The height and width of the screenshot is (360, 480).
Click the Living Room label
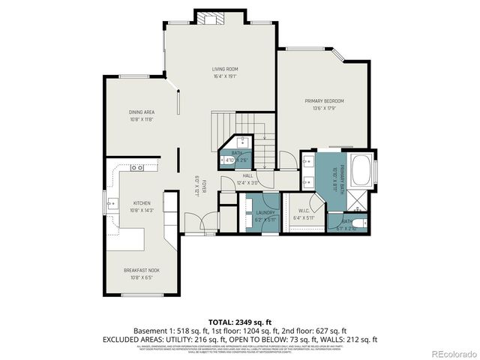pyautogui.click(x=225, y=68)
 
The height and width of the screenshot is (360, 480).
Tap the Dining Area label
pyautogui.click(x=141, y=112)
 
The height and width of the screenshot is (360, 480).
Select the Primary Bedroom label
pyautogui.click(x=324, y=100)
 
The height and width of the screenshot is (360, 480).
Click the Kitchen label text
pyautogui.click(x=142, y=203)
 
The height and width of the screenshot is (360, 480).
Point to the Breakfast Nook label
pyautogui.click(x=141, y=270)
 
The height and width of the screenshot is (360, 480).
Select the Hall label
pyautogui.click(x=247, y=175)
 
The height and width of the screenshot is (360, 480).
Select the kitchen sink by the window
pyautogui.click(x=112, y=202)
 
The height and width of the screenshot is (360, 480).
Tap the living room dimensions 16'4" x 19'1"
pyautogui.click(x=225, y=76)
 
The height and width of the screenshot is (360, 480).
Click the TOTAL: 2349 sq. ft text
pyautogui.click(x=239, y=320)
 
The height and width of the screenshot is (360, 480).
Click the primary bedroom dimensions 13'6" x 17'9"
pyautogui.click(x=324, y=108)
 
